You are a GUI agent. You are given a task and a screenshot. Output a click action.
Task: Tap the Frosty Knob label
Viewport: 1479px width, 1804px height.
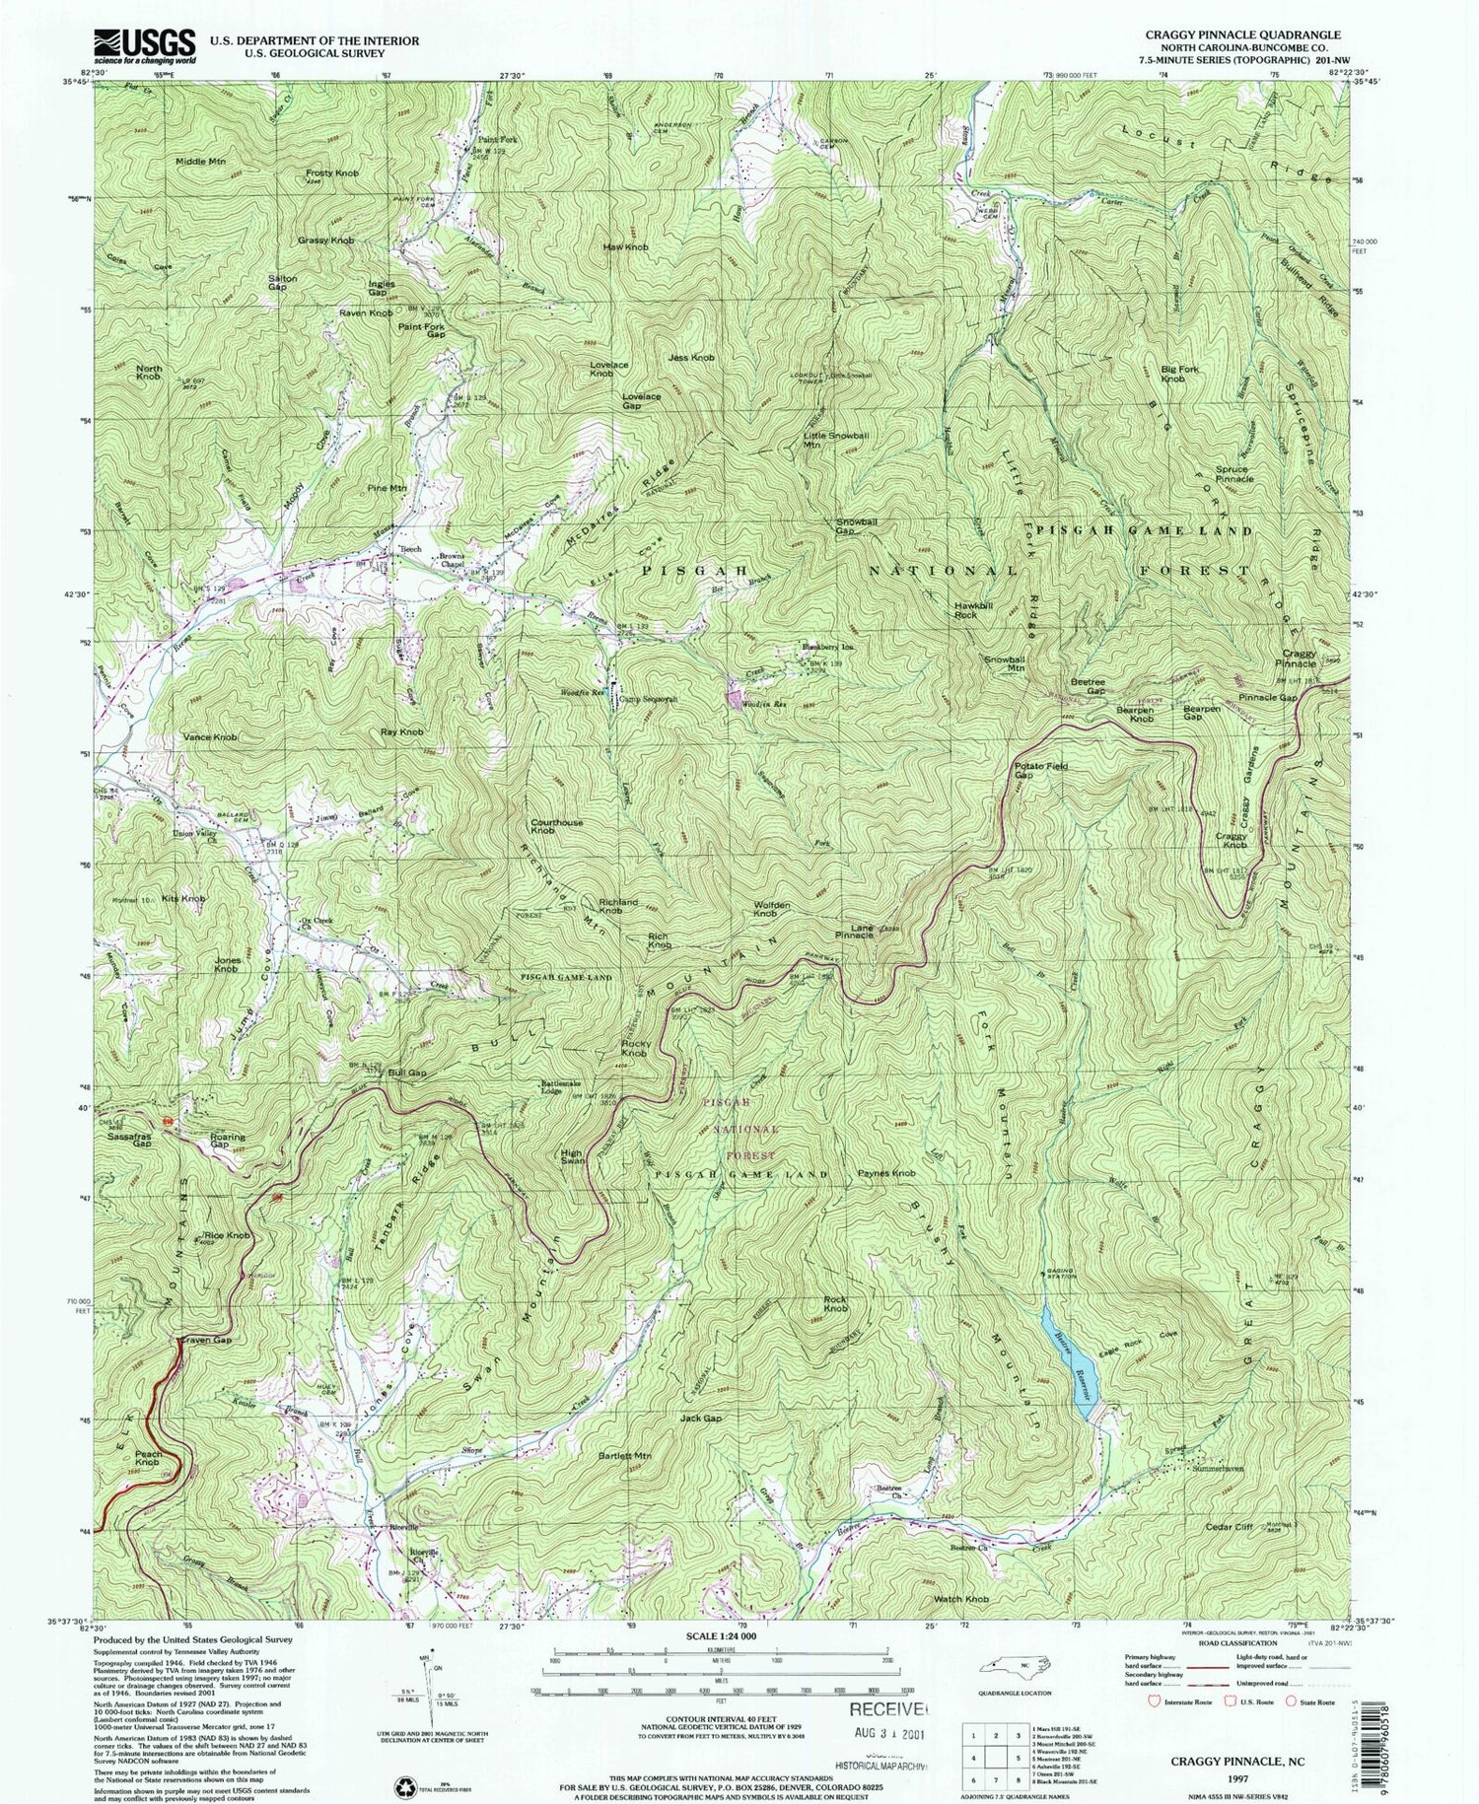pos(332,173)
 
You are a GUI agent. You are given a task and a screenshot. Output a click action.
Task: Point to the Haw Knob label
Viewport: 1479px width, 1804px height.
pos(625,247)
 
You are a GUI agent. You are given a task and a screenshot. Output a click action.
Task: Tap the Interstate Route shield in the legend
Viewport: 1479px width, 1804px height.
pos(1153,1700)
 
